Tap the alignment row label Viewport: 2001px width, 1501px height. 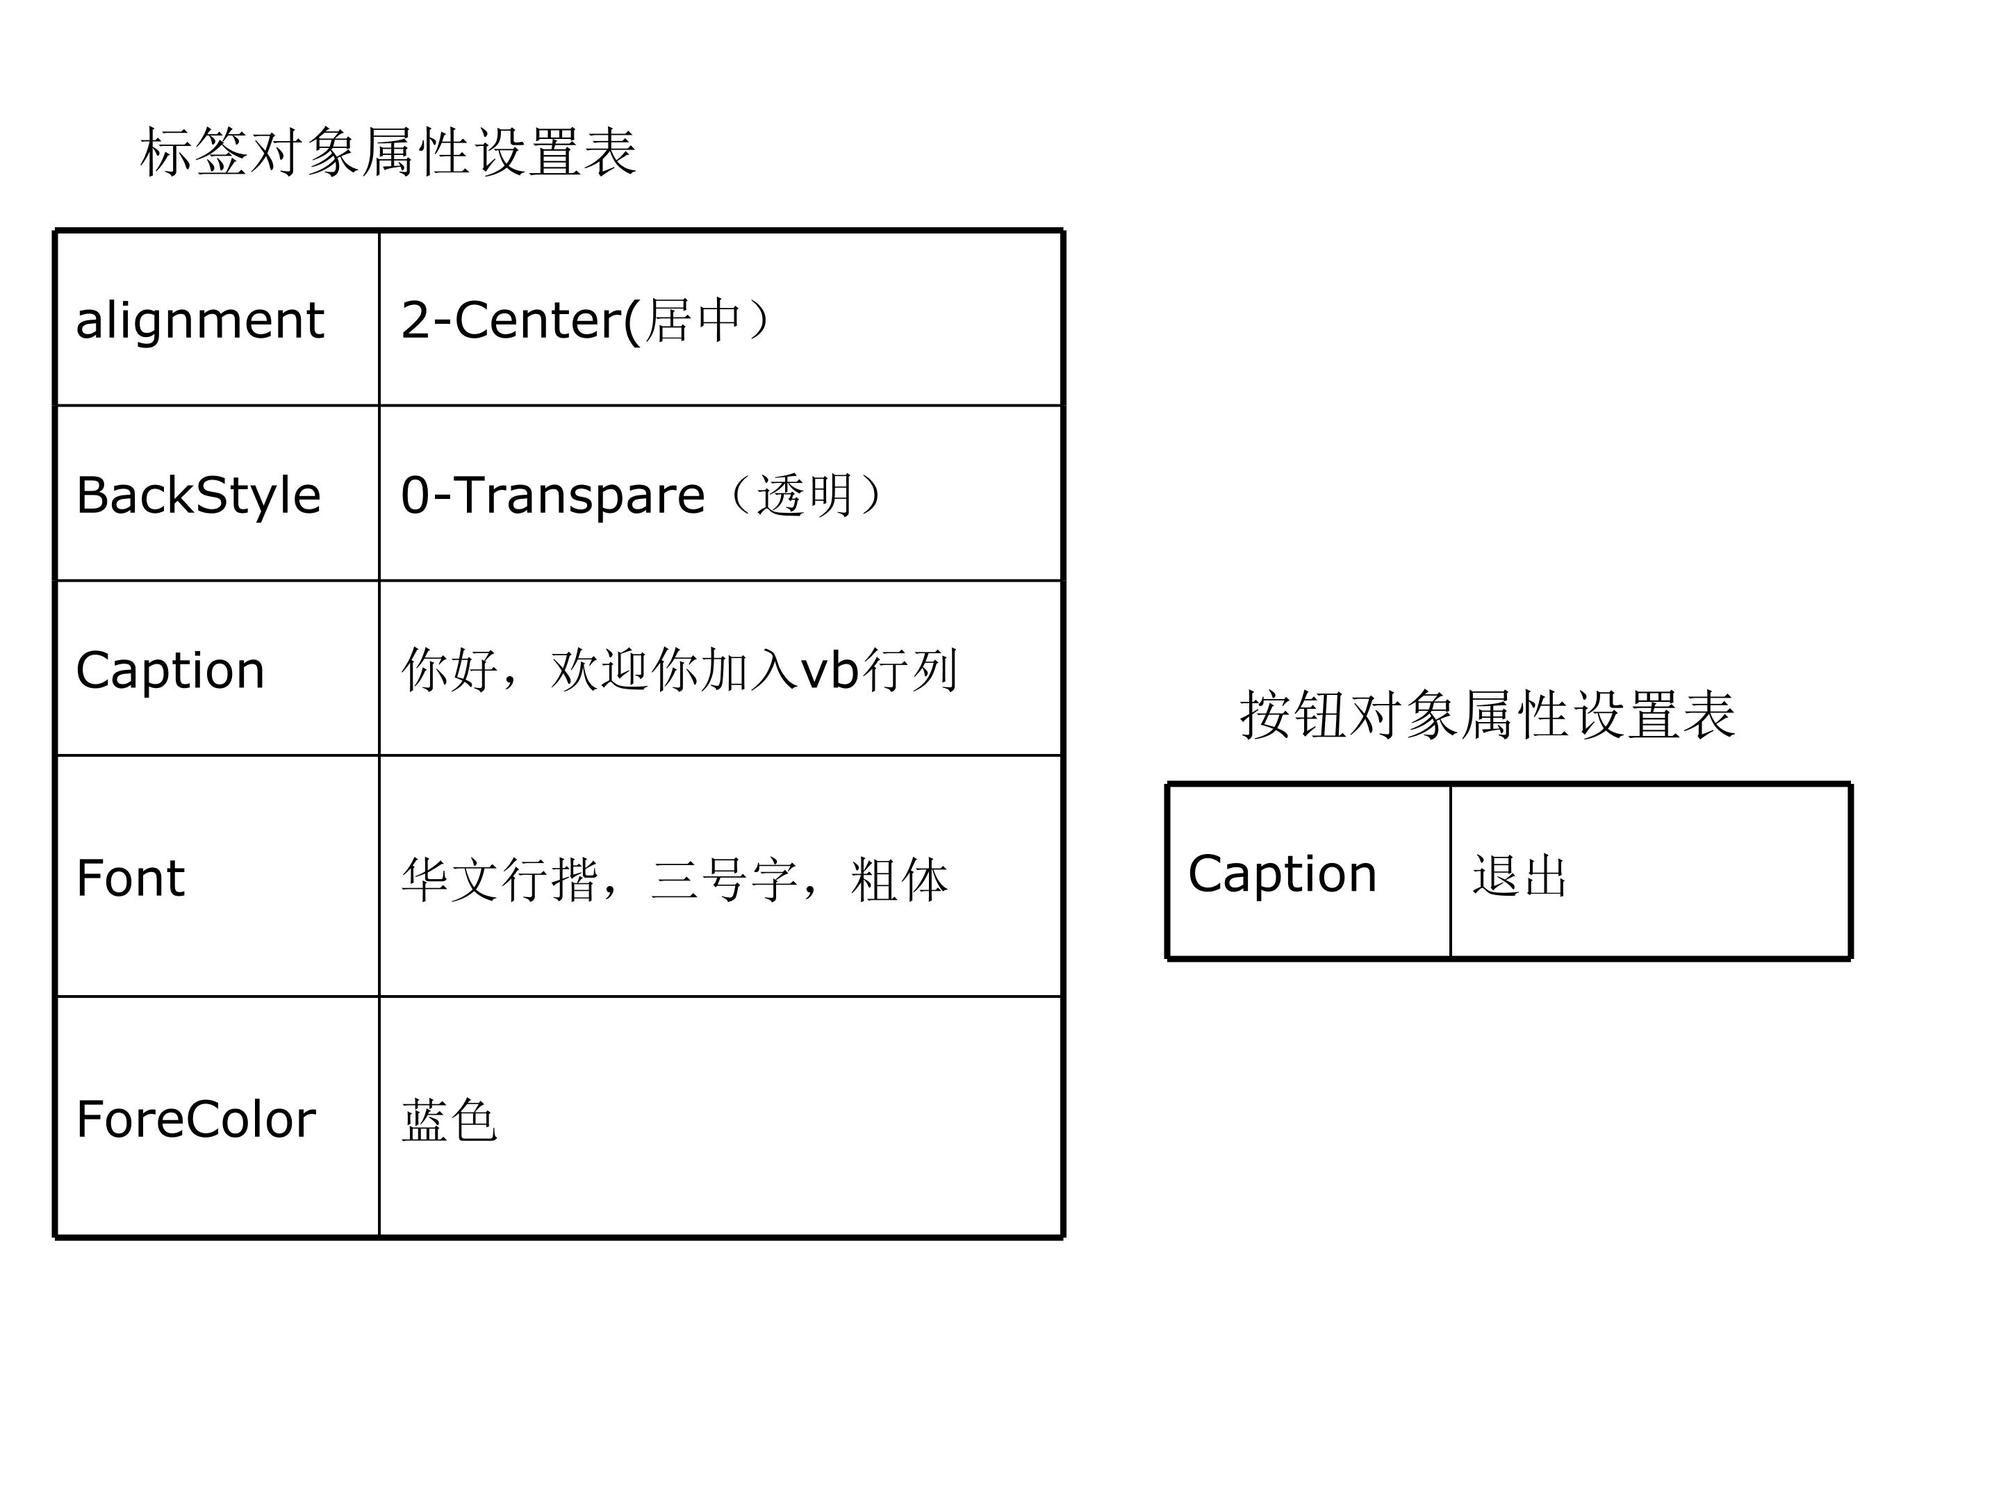click(x=200, y=321)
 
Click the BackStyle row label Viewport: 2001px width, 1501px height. click(x=199, y=495)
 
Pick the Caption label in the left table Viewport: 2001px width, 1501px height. click(x=170, y=671)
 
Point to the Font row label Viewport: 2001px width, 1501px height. click(x=131, y=878)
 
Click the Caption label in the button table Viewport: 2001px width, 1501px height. click(x=1283, y=874)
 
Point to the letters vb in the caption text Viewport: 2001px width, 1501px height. click(x=830, y=671)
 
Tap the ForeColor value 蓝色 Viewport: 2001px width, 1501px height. click(x=450, y=1120)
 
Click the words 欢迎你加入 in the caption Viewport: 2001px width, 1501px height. click(x=674, y=671)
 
